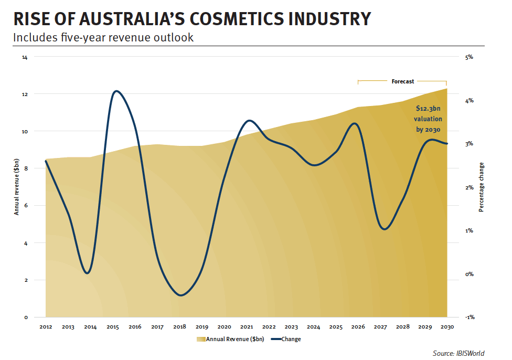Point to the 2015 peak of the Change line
[x=116, y=91]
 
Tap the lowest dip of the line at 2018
[x=180, y=295]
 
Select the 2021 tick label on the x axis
[x=247, y=327]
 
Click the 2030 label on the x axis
[x=447, y=327]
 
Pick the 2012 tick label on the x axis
[x=46, y=327]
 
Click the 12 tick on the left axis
[x=25, y=94]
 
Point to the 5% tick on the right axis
[x=469, y=57]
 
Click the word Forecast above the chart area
[x=402, y=81]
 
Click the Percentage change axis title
[x=482, y=187]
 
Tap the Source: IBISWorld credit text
[x=458, y=354]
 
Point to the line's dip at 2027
[x=384, y=229]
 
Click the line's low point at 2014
[x=88, y=273]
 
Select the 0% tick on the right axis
[x=469, y=274]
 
